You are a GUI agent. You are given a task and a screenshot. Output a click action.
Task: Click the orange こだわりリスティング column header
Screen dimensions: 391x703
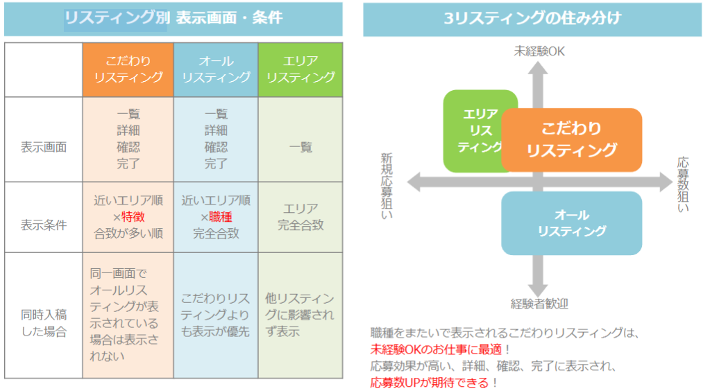(128, 69)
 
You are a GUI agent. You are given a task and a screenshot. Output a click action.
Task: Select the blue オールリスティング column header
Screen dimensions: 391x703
(216, 69)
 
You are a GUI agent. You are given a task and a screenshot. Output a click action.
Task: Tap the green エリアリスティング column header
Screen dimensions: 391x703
(300, 69)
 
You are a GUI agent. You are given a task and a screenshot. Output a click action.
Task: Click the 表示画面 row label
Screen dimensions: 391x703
(44, 147)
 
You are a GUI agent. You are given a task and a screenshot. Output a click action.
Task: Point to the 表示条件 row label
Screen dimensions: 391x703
(44, 225)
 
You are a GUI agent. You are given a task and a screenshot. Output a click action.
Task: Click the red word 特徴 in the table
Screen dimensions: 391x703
(133, 217)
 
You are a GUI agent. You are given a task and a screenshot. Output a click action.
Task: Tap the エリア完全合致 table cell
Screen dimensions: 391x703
(300, 217)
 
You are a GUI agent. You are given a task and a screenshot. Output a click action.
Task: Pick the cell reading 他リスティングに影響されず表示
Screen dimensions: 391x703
(300, 315)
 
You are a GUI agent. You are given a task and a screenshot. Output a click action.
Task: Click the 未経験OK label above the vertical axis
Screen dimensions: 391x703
(539, 51)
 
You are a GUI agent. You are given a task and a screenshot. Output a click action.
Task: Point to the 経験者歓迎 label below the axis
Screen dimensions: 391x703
(539, 303)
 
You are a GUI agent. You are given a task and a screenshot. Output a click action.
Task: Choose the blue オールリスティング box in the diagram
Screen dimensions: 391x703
(572, 223)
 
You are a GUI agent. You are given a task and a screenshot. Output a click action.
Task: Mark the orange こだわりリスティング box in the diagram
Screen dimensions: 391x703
(571, 139)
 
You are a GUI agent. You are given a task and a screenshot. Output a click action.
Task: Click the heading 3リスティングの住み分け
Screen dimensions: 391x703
(533, 19)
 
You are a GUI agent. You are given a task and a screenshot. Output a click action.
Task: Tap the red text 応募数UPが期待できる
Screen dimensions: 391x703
(431, 382)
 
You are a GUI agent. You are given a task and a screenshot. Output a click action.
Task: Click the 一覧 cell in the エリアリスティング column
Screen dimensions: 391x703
(300, 147)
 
